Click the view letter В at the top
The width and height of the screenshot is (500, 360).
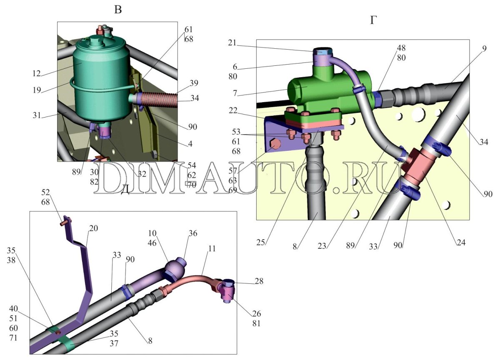[x=118, y=10]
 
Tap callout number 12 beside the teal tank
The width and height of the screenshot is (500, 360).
[x=36, y=73]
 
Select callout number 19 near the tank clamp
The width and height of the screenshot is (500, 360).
[x=37, y=90]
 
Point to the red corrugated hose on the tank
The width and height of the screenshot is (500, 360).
[x=157, y=98]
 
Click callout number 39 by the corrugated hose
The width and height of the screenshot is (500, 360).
[x=194, y=83]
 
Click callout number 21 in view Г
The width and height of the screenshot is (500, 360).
[x=232, y=42]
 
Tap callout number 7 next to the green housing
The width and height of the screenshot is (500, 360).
[x=235, y=93]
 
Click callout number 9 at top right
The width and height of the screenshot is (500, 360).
[x=484, y=48]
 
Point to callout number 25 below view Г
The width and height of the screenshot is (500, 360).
[x=260, y=242]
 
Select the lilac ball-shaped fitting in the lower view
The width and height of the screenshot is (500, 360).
[x=175, y=269]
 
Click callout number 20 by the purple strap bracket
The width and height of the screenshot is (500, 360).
[x=93, y=228]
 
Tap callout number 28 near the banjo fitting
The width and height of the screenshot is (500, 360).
[x=259, y=281]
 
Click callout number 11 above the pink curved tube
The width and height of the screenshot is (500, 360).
[x=212, y=248]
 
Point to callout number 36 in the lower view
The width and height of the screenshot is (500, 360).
[x=193, y=233]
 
